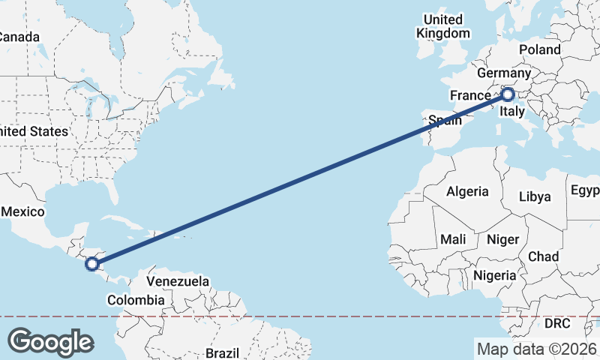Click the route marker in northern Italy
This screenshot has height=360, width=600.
pyautogui.click(x=507, y=94)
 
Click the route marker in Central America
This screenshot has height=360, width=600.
pyautogui.click(x=91, y=264)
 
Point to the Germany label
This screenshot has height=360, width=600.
pyautogui.click(x=503, y=73)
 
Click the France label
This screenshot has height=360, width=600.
pyautogui.click(x=469, y=95)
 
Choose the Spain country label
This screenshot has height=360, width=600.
pyautogui.click(x=444, y=119)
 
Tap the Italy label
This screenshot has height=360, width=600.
pyautogui.click(x=512, y=112)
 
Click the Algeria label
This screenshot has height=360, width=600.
pyautogui.click(x=467, y=191)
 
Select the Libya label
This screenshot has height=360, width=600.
pyautogui.click(x=535, y=196)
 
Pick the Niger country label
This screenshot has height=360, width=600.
pyautogui.click(x=503, y=239)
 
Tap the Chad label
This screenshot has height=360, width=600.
pyautogui.click(x=543, y=256)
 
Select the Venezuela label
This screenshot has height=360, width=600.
pyautogui.click(x=178, y=281)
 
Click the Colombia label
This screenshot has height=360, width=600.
pyautogui.click(x=135, y=300)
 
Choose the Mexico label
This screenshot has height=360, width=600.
pyautogui.click(x=22, y=212)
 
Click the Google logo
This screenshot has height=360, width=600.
pyautogui.click(x=50, y=342)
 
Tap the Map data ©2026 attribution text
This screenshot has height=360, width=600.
pyautogui.click(x=536, y=349)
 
